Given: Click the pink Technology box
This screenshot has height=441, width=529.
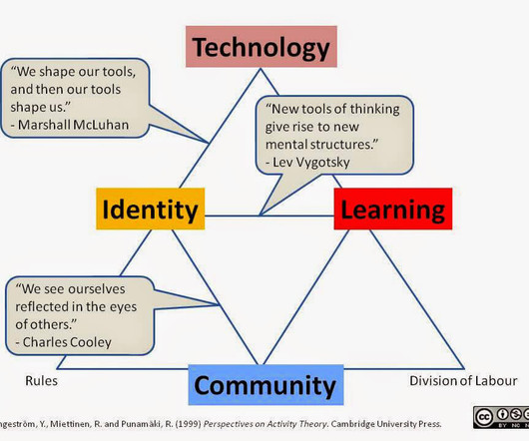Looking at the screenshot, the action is (x=262, y=47).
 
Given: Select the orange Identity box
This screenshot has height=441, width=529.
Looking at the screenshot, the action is (x=151, y=209).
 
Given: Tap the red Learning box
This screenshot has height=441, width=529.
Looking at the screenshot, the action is (x=393, y=209).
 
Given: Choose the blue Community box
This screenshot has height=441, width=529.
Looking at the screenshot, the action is (x=265, y=385).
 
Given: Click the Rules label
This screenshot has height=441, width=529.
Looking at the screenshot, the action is (x=42, y=381).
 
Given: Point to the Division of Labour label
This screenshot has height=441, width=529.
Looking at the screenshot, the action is (x=463, y=381).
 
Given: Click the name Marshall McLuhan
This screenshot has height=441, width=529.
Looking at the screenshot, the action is (x=73, y=125).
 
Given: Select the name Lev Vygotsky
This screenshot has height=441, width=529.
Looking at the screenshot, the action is (x=311, y=163).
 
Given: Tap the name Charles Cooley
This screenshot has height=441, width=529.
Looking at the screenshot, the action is (x=67, y=342).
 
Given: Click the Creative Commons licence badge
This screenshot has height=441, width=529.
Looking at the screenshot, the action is (x=501, y=417).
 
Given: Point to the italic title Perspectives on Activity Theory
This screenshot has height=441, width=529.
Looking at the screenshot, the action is (x=265, y=424).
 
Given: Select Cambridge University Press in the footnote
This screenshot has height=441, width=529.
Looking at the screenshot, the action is (x=386, y=424).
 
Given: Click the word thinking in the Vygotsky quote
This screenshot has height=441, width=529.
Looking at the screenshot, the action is (x=374, y=109).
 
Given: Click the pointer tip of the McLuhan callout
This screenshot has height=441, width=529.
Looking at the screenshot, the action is (x=209, y=143).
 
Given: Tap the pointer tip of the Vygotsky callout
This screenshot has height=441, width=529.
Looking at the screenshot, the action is (x=260, y=216).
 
